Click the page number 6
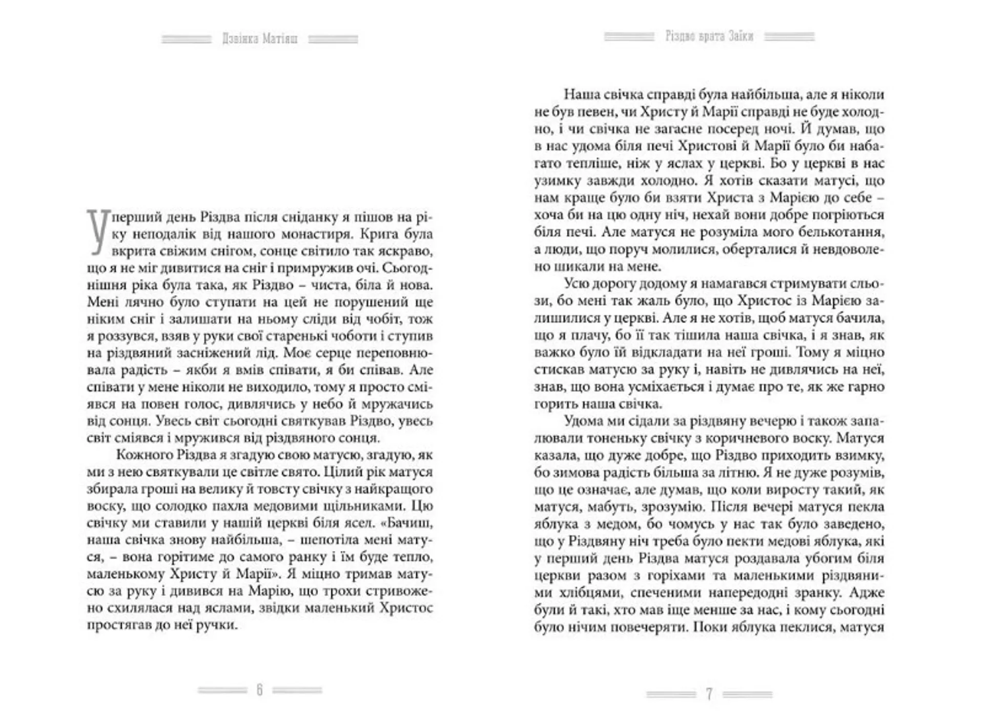259,690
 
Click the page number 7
709,694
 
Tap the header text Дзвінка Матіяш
260,39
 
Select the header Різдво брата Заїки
709,36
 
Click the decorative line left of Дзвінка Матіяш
187,39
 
